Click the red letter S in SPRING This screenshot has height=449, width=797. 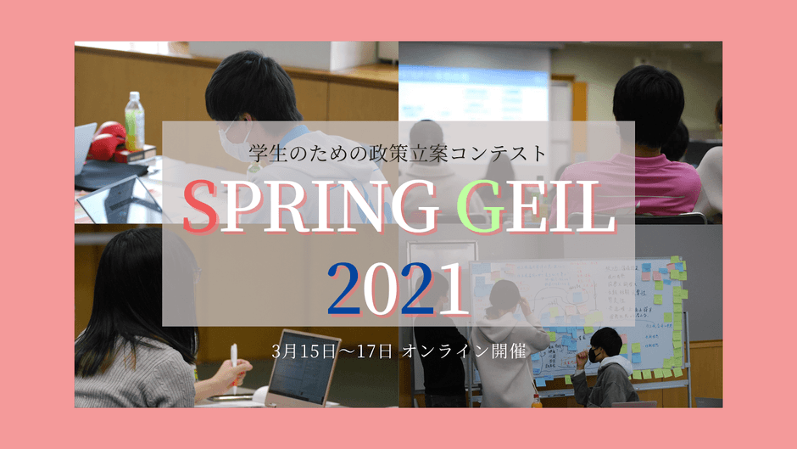point(201,209)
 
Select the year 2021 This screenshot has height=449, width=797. point(398,289)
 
